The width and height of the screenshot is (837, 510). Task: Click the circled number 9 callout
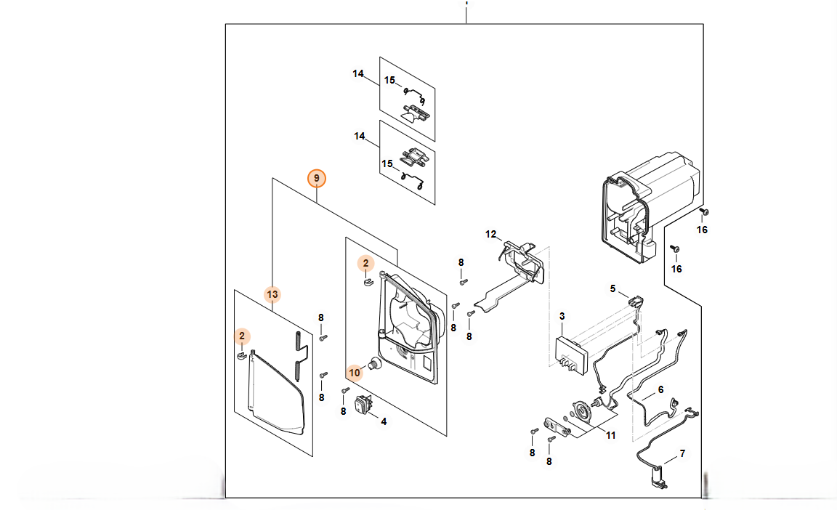pyautogui.click(x=317, y=178)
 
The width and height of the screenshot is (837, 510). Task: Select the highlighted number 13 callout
pyautogui.click(x=272, y=294)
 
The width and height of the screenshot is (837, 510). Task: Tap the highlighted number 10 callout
pyautogui.click(x=355, y=373)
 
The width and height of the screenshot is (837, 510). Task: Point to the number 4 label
pyautogui.click(x=384, y=421)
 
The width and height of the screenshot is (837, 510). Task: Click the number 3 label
pyautogui.click(x=562, y=316)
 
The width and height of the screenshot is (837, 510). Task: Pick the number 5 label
pyautogui.click(x=612, y=288)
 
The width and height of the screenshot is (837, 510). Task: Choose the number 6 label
pyautogui.click(x=660, y=390)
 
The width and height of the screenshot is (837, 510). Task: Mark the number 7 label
pyautogui.click(x=682, y=453)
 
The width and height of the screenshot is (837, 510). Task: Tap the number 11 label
pyautogui.click(x=610, y=435)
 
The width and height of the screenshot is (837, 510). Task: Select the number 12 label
pyautogui.click(x=490, y=234)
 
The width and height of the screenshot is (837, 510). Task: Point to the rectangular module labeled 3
pyautogui.click(x=571, y=355)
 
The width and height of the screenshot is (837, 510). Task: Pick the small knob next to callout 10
pyautogui.click(x=375, y=365)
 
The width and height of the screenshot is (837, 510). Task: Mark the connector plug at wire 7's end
pyautogui.click(x=659, y=478)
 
